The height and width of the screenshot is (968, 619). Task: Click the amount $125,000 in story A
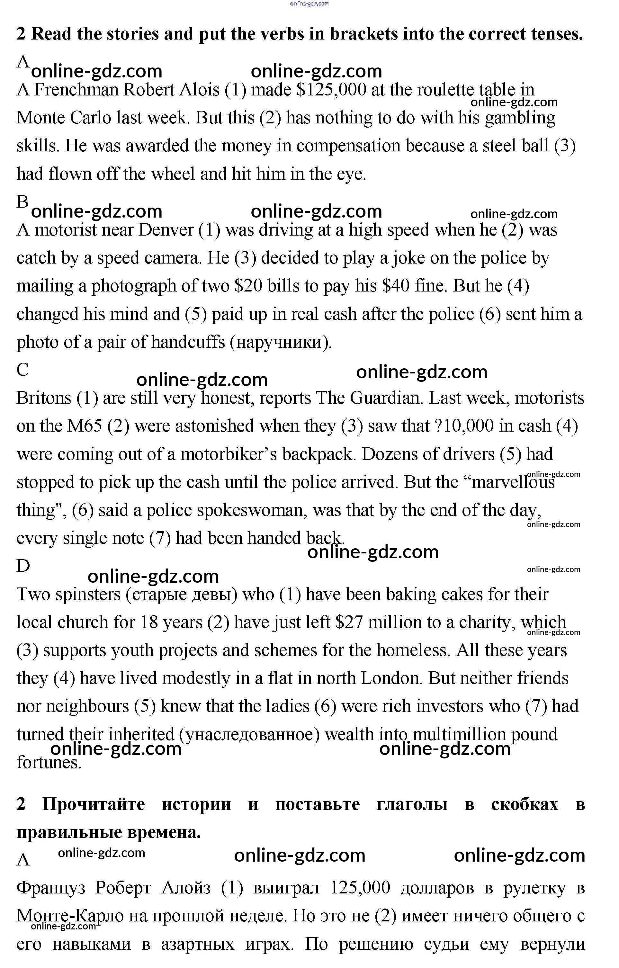[x=331, y=90]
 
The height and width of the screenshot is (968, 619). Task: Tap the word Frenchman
[x=76, y=90]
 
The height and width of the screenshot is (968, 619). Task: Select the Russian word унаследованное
[x=249, y=734]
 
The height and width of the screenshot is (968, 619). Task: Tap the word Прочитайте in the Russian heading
[x=93, y=804]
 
